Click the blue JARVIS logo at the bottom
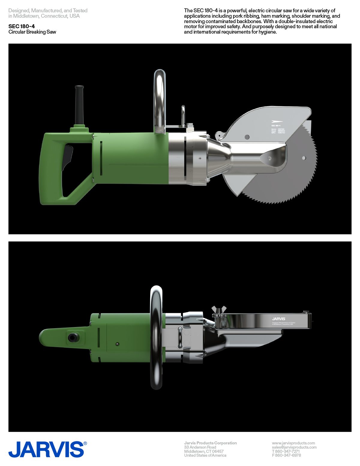coord(46,449)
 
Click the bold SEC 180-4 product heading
coord(22,26)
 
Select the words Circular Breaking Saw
coord(32,32)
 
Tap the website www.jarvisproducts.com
coord(293,443)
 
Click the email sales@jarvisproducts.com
coord(294,447)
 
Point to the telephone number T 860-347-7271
coord(286,451)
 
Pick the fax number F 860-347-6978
coord(286,455)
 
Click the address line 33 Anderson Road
coord(200,447)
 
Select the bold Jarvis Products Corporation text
coord(210,443)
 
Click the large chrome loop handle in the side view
coord(160,101)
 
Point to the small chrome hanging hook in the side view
coord(183,114)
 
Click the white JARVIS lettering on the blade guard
coord(279,319)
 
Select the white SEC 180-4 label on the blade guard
coord(276,125)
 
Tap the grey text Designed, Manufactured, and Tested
coord(48,11)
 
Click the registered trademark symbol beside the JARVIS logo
coord(85,443)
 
